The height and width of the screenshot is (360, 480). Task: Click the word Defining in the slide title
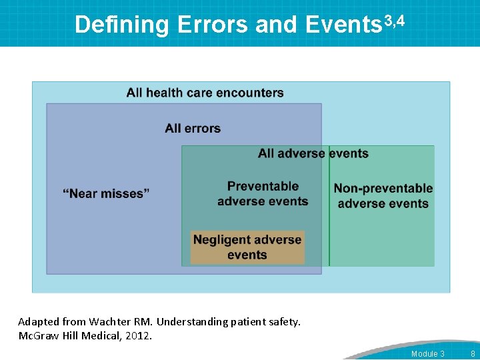point(122,25)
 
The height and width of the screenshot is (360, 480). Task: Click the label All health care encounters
point(205,93)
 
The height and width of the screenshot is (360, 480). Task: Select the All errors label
point(193,128)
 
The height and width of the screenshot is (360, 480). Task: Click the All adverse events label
point(313,153)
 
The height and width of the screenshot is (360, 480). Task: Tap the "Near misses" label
point(106,193)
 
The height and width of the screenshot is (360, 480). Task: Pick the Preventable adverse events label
point(263,194)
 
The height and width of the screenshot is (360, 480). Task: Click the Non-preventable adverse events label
point(383,196)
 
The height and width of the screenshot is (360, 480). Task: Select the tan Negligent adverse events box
point(247,247)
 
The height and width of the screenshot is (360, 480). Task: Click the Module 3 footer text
point(427,353)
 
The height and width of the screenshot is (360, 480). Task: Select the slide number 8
point(473,353)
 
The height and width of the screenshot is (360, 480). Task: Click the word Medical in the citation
point(102,336)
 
